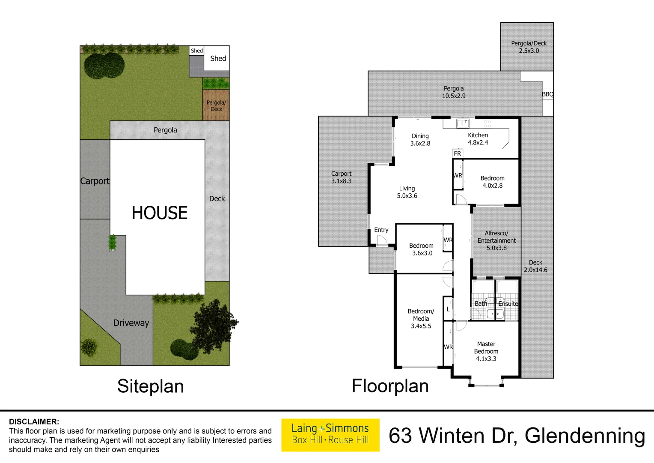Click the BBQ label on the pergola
[547, 94]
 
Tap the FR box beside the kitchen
[458, 153]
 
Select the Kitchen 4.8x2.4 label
[478, 138]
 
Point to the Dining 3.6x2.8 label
[420, 140]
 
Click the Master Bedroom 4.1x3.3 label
[486, 351]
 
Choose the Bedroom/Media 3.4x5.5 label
[421, 319]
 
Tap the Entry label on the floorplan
[381, 230]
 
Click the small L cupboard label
[448, 309]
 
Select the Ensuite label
[508, 304]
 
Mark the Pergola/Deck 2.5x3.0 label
[529, 47]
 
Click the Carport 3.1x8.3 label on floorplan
[341, 177]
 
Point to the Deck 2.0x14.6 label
[535, 266]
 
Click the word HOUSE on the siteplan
[160, 213]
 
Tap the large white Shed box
[217, 58]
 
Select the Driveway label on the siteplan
[131, 323]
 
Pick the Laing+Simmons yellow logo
[330, 434]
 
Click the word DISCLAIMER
[34, 421]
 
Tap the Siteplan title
[150, 386]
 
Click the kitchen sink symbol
[462, 123]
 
